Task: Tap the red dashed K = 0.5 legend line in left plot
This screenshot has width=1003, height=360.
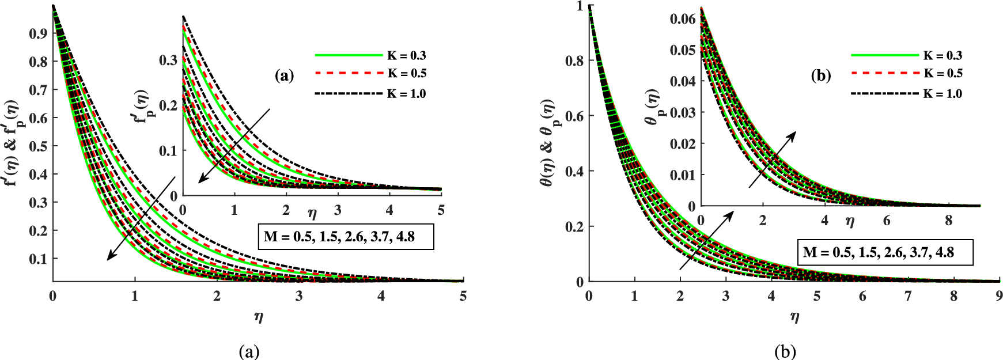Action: click(349, 74)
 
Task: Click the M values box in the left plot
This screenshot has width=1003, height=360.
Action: click(345, 237)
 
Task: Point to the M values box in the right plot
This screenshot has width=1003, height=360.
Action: click(885, 252)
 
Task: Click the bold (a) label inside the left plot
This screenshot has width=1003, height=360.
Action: click(285, 75)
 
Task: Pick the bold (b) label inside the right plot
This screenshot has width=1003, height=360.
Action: click(820, 75)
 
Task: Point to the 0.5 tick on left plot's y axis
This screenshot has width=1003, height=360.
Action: click(38, 146)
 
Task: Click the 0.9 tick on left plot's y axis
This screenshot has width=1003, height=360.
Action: click(38, 33)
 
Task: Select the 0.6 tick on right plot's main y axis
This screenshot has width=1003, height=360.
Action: click(575, 116)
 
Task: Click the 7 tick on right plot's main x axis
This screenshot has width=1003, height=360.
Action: click(908, 296)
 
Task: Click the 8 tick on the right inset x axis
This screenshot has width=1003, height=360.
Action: click(949, 220)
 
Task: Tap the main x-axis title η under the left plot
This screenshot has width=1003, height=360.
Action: click(259, 316)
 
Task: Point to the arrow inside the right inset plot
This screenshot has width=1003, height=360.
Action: click(772, 160)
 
